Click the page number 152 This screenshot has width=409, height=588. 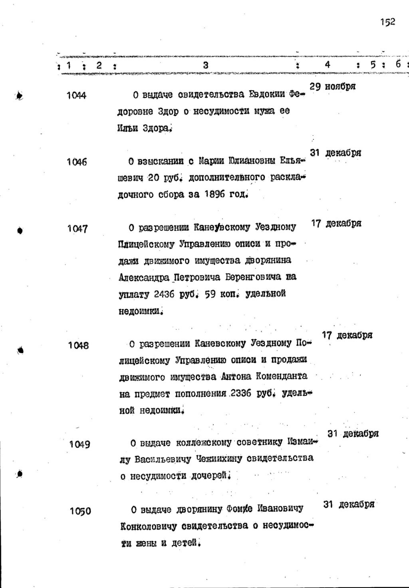click(388, 22)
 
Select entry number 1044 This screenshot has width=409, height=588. click(76, 96)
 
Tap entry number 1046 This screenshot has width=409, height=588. click(77, 162)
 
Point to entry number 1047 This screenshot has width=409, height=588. click(77, 229)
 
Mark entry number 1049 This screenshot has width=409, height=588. click(79, 444)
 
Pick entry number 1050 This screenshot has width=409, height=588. click(80, 511)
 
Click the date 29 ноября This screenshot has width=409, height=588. click(333, 87)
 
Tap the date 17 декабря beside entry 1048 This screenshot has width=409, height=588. click(347, 335)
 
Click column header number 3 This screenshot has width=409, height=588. click(206, 65)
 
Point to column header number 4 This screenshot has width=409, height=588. click(328, 65)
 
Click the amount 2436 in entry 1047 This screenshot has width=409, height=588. click(161, 294)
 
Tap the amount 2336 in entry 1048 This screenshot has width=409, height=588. click(240, 393)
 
